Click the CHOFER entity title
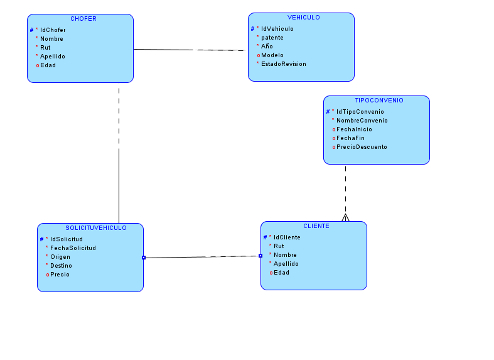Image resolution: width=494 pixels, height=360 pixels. pyautogui.click(x=83, y=19)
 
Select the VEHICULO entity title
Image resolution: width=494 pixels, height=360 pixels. pyautogui.click(x=304, y=18)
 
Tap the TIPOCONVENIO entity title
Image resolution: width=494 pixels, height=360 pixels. pyautogui.click(x=379, y=101)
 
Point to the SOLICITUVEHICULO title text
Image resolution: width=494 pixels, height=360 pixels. pyautogui.click(x=96, y=228)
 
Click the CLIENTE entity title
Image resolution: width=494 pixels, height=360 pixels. pyautogui.click(x=316, y=226)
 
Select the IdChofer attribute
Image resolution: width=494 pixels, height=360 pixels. pyautogui.click(x=53, y=30)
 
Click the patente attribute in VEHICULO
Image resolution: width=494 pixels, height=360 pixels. pyautogui.click(x=272, y=38)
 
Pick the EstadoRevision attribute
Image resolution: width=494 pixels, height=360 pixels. pyautogui.click(x=283, y=64)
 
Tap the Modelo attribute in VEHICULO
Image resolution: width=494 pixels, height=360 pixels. pyautogui.click(x=272, y=55)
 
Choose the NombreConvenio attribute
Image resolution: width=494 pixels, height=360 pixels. pyautogui.click(x=362, y=121)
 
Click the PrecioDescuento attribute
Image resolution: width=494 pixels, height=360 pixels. pyautogui.click(x=362, y=147)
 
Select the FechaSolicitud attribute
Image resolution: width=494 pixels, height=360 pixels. pyautogui.click(x=73, y=248)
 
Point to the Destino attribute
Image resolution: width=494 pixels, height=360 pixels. pyautogui.click(x=61, y=266)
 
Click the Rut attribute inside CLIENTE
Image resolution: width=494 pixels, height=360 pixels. pyautogui.click(x=279, y=246)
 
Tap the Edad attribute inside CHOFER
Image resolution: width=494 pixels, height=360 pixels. pyautogui.click(x=48, y=65)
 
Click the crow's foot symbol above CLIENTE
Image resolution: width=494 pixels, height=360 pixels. pyautogui.click(x=345, y=217)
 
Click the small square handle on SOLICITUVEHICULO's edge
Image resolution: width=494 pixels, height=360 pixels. pyautogui.click(x=144, y=258)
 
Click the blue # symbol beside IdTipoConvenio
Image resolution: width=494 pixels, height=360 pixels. pyautogui.click(x=328, y=112)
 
